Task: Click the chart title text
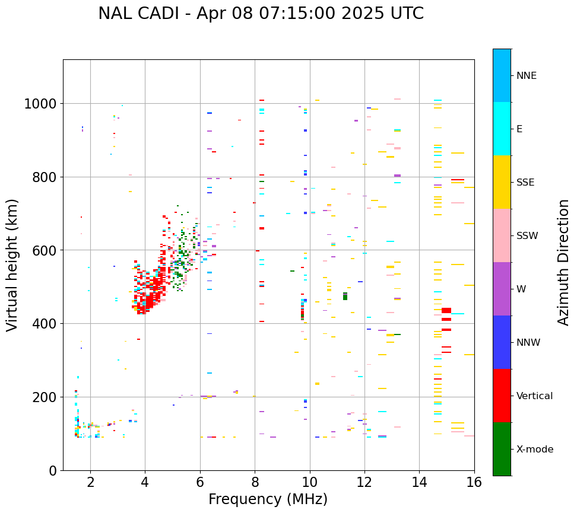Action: (261, 14)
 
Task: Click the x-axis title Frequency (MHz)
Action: (268, 499)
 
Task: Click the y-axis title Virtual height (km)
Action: (13, 265)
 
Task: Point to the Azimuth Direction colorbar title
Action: (563, 262)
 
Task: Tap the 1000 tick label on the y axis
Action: (40, 104)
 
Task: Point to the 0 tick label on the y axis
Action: (53, 471)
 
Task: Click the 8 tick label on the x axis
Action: (255, 483)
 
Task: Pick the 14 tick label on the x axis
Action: (419, 483)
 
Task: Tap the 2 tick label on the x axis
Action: (90, 483)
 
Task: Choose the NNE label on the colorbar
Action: (527, 76)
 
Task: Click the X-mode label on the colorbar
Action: (535, 450)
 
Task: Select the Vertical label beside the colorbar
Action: (534, 396)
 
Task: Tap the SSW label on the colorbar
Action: (527, 236)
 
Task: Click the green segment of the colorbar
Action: (502, 449)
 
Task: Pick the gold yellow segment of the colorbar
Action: (502, 182)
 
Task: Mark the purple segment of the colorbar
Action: (502, 289)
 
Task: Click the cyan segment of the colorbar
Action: (502, 129)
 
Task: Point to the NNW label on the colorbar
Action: (528, 343)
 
